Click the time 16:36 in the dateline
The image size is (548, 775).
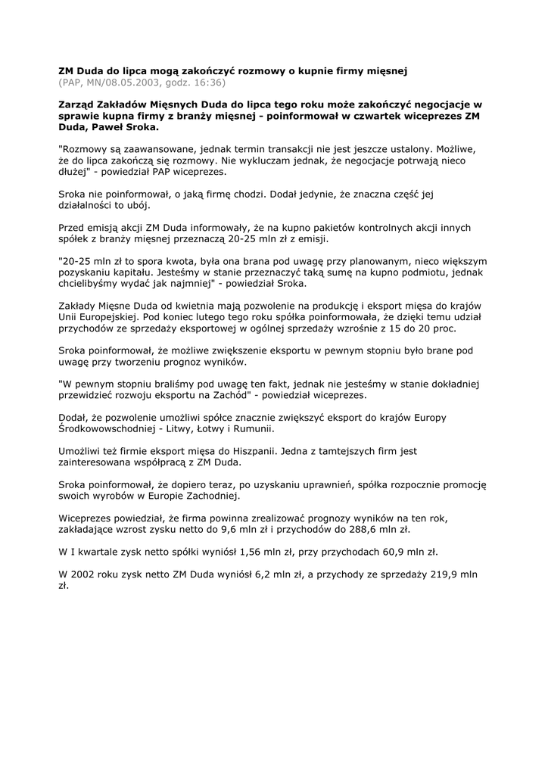coord(209,82)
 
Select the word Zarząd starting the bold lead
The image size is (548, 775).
coord(79,104)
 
